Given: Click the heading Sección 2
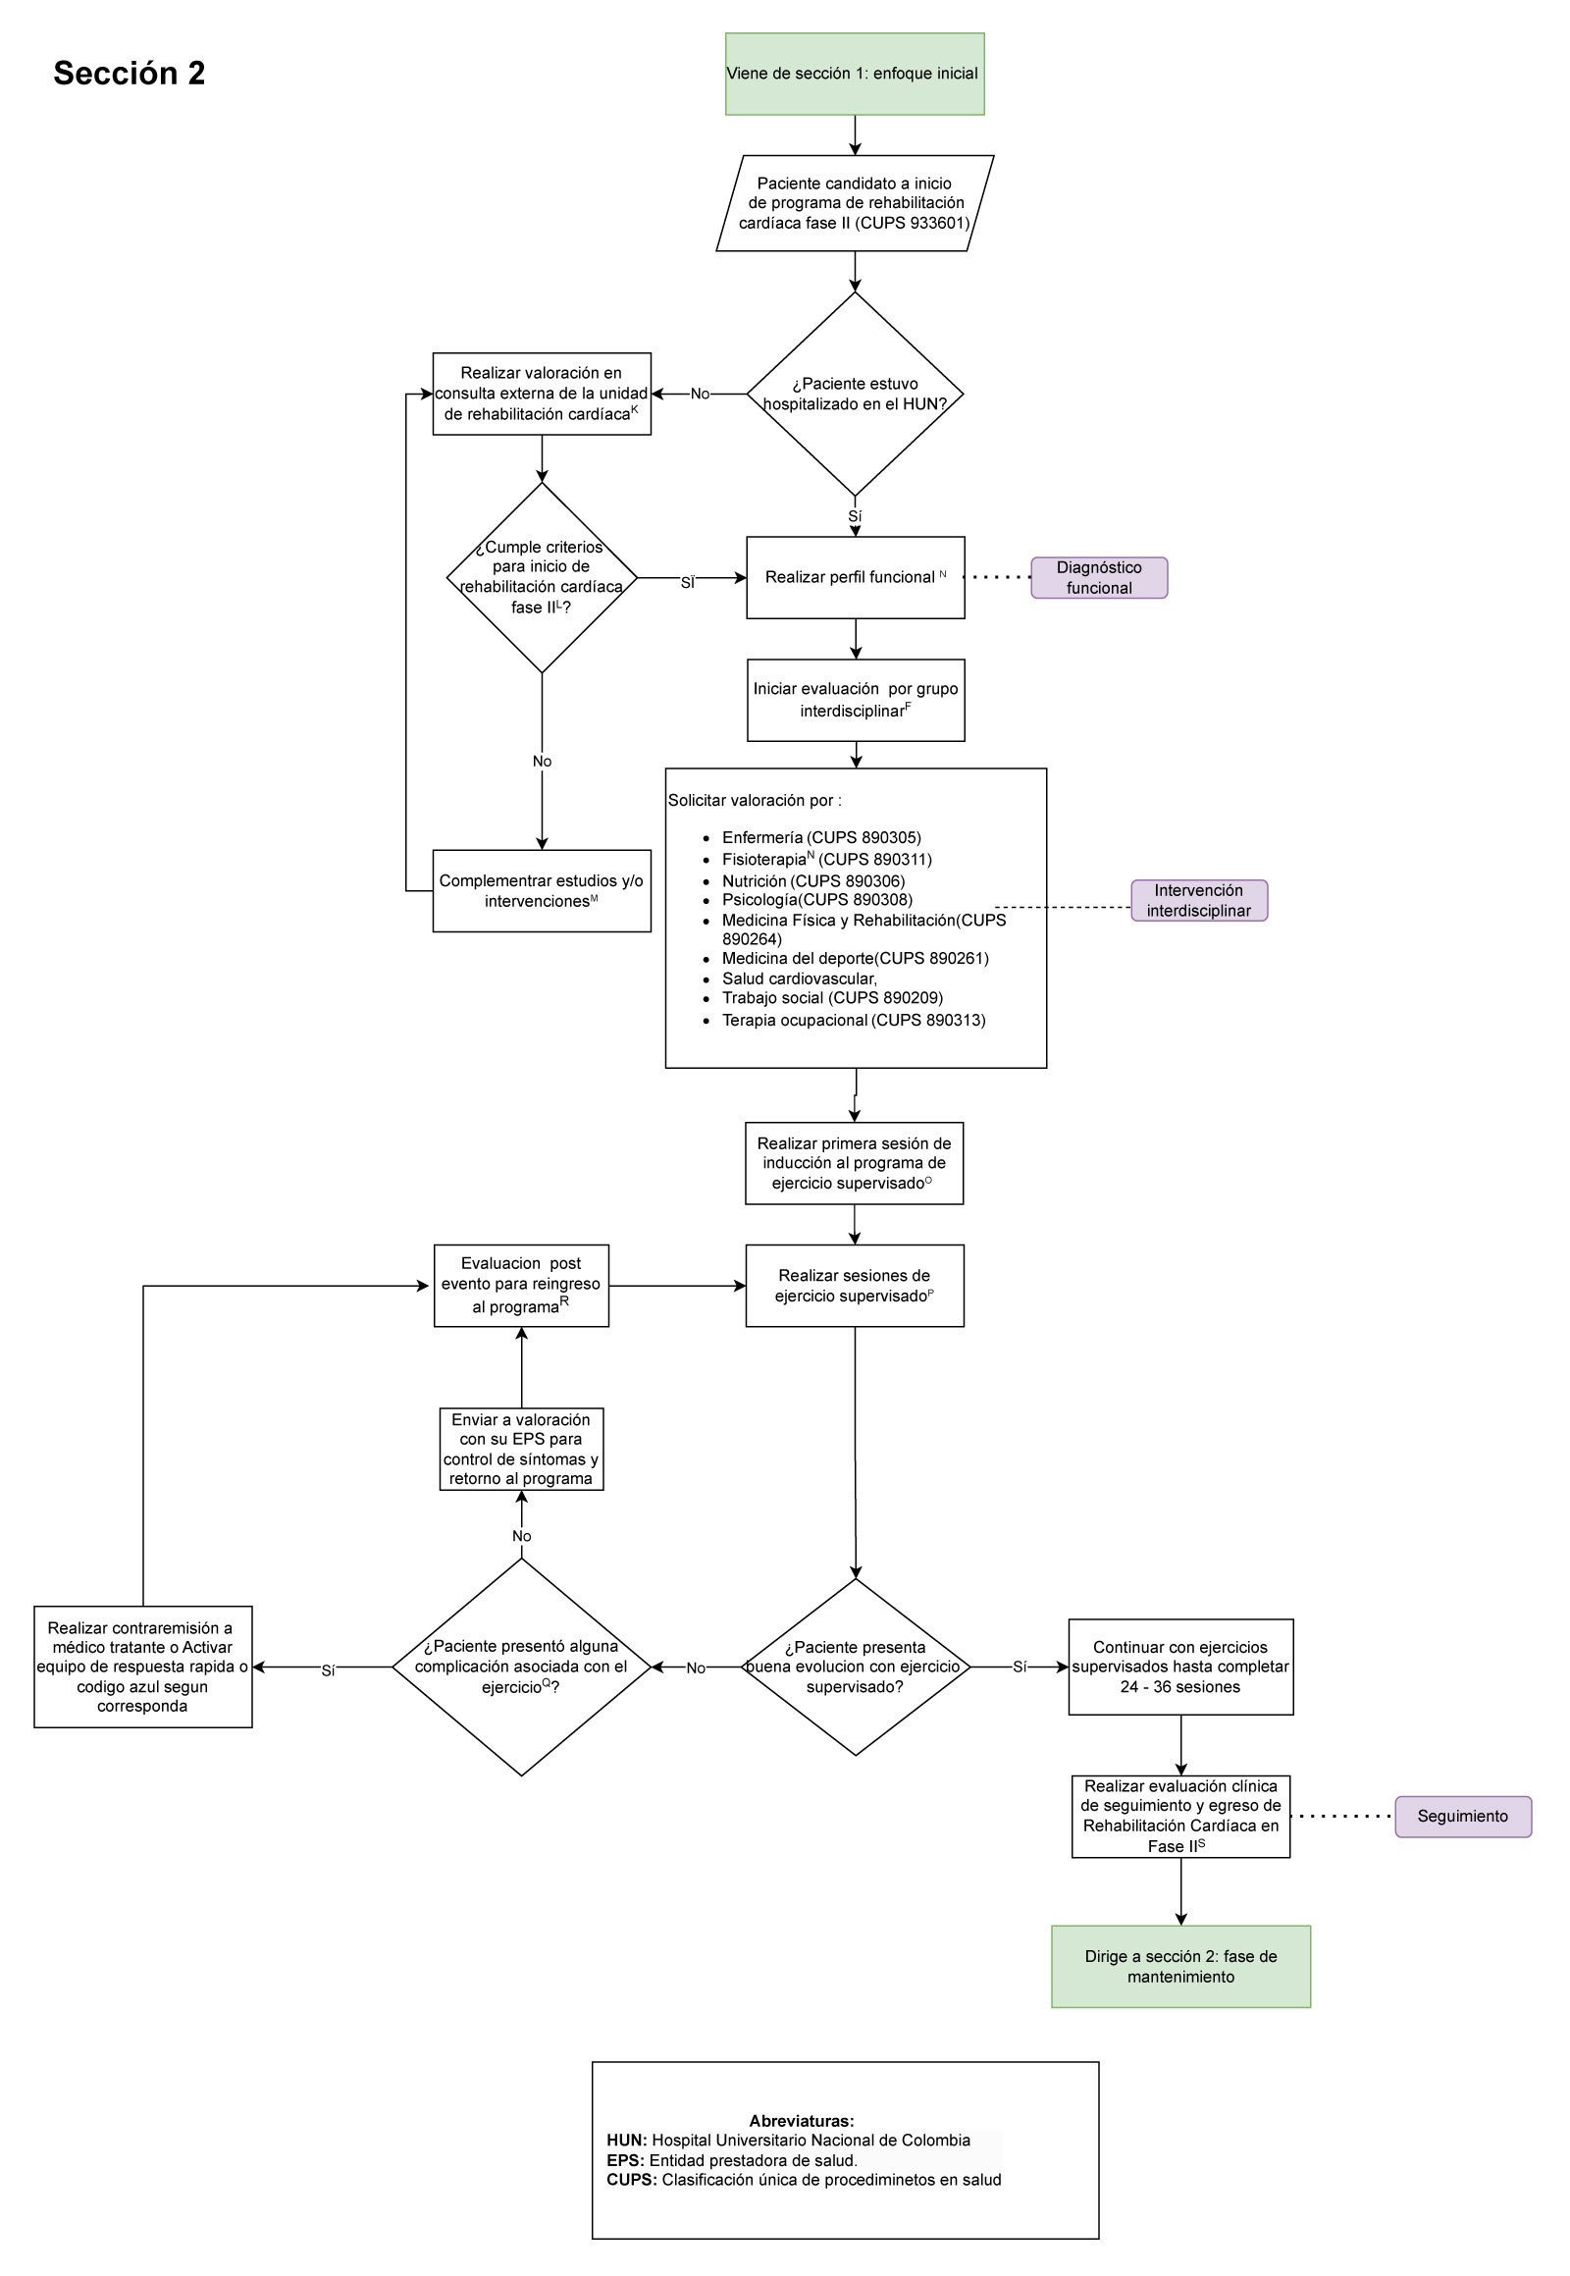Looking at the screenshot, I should coord(129,74).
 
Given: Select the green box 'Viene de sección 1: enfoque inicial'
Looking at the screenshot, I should coord(854,74).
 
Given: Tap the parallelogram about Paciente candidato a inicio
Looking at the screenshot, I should coord(854,203).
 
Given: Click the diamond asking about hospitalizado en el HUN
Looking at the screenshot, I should coord(854,394).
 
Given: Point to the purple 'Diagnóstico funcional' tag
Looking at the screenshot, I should coord(1099,578).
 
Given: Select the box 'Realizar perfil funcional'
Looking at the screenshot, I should coord(854,578).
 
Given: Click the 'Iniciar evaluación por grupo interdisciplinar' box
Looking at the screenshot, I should coord(854,700).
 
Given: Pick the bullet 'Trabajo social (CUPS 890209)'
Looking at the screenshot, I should coord(831,998).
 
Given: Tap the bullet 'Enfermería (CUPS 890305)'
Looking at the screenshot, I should coord(820,837).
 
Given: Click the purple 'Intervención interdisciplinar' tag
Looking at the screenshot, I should coord(1198,900).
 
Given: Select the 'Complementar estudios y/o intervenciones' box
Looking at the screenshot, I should coord(541,890).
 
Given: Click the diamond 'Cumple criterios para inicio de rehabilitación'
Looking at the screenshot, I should coord(541,578).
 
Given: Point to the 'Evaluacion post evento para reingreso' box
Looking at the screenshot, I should coord(520,1285).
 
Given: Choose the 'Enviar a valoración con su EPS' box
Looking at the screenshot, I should coord(520,1449).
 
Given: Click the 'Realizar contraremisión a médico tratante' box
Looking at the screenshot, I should coord(142,1667).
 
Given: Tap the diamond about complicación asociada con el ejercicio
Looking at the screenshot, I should coord(520,1667).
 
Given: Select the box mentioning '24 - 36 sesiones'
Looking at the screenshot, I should coord(1179,1667).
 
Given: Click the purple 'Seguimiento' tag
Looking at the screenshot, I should coord(1462,1817).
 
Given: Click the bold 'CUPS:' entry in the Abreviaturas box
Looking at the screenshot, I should coord(631,2180).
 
